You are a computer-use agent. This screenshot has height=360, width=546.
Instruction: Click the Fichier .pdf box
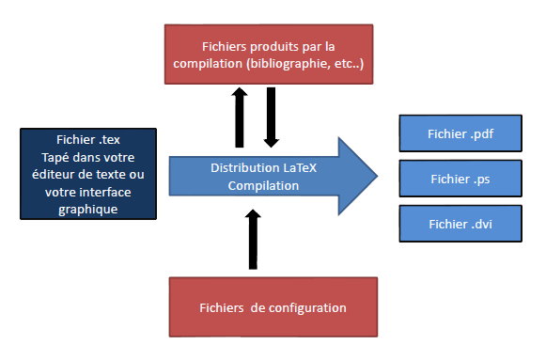(460, 133)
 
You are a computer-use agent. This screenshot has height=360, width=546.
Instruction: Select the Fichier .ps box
(460, 177)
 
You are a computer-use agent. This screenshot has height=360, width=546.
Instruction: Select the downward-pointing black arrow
(271, 116)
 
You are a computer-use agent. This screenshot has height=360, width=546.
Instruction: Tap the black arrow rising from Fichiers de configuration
(251, 239)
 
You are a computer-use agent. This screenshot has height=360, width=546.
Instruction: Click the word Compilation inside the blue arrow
(263, 185)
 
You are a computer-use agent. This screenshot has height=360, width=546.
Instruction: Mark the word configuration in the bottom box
(310, 307)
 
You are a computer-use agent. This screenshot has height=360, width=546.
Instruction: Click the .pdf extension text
(482, 133)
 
